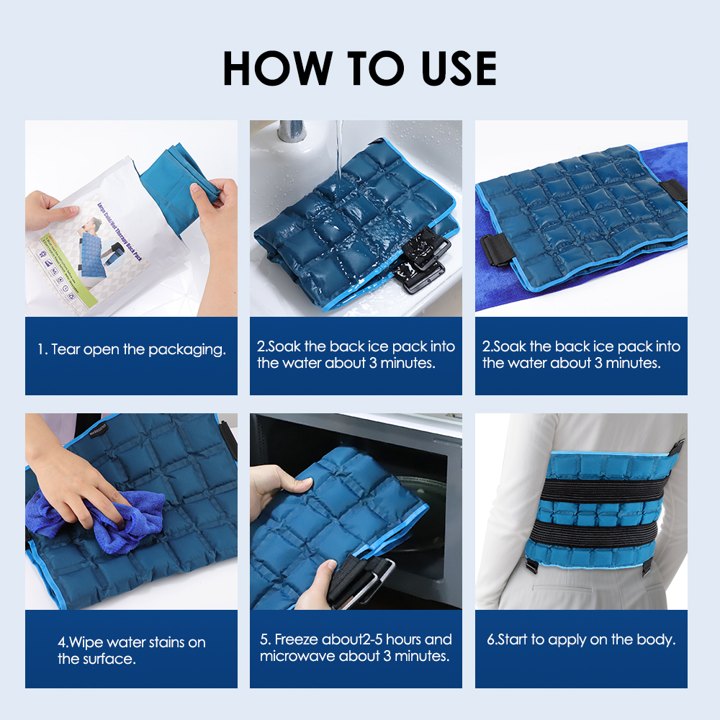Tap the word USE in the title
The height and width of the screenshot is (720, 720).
(451, 68)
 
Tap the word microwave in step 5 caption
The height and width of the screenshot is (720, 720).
(294, 656)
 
